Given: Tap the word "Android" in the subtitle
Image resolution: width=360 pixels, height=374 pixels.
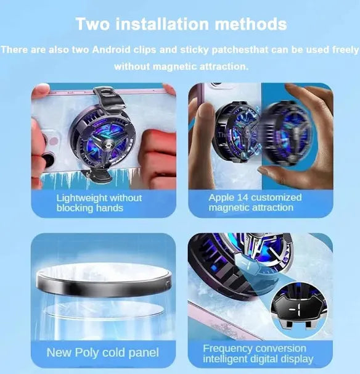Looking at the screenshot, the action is [x=111, y=49].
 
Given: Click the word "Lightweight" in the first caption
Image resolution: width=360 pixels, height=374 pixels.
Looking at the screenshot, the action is [x=82, y=198].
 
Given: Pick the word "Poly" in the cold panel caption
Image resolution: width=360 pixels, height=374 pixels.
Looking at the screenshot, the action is [x=86, y=353].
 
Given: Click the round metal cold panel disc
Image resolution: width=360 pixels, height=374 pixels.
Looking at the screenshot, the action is [x=104, y=280].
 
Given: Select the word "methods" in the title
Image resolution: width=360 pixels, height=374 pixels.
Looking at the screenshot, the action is [x=251, y=24].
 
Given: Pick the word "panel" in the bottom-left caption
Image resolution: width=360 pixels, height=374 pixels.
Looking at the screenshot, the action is [x=144, y=353].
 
